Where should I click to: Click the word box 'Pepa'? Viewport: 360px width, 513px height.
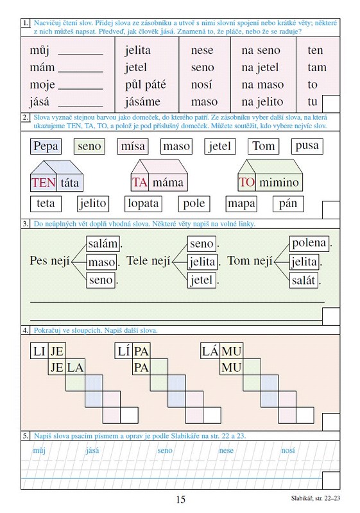tap(46, 146)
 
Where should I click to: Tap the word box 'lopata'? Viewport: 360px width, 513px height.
tap(143, 203)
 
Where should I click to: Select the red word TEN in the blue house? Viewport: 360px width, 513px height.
tap(44, 183)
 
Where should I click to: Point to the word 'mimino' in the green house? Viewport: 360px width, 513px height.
tap(279, 182)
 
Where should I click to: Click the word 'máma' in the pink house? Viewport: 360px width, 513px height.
tap(168, 182)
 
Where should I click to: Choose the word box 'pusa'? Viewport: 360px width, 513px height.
tap(307, 146)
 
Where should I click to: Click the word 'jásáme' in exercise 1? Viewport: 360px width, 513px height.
tap(142, 102)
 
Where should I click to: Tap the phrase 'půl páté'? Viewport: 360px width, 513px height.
tap(145, 85)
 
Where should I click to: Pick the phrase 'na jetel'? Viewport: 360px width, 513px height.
tap(260, 67)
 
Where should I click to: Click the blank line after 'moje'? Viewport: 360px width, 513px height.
tap(80, 88)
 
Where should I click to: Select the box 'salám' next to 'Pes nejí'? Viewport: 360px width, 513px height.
tap(103, 244)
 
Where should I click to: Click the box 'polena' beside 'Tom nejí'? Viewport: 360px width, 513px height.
tap(309, 243)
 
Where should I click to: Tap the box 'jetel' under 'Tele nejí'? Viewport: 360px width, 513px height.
tap(201, 280)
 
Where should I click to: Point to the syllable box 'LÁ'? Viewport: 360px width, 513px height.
tap(210, 351)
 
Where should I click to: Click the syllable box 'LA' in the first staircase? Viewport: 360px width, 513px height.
tap(75, 367)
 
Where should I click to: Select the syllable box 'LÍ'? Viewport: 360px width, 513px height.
tap(124, 351)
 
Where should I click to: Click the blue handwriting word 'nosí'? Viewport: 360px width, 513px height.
tap(288, 450)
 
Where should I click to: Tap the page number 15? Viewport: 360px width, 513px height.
tap(181, 500)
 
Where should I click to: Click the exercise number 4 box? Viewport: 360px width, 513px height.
tap(26, 330)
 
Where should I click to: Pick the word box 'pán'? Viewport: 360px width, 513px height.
tap(288, 203)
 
